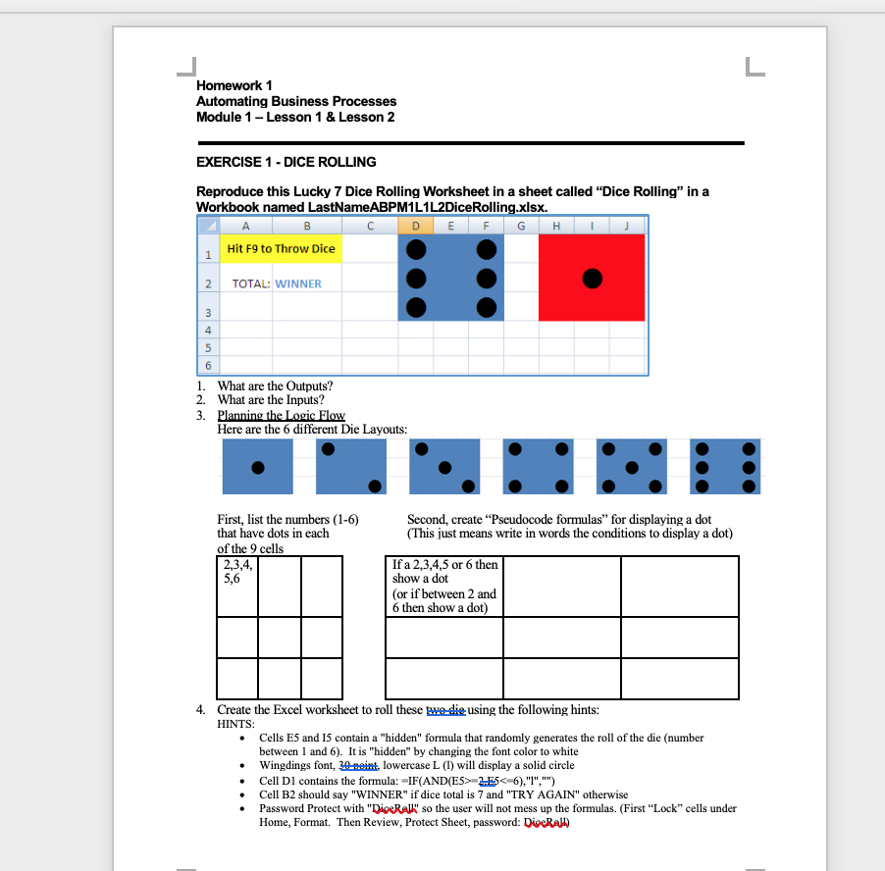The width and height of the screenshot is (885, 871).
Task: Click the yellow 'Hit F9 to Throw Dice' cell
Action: pyautogui.click(x=281, y=249)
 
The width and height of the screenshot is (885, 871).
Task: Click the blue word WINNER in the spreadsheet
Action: pyautogui.click(x=298, y=284)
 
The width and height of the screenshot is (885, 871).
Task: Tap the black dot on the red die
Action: pyautogui.click(x=592, y=279)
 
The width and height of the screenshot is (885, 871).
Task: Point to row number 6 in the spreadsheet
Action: pyautogui.click(x=208, y=365)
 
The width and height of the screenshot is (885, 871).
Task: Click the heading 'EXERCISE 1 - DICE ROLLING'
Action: pyautogui.click(x=286, y=162)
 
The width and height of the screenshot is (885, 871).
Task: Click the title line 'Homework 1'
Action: pyautogui.click(x=234, y=86)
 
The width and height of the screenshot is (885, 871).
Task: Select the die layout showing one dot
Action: pyautogui.click(x=257, y=467)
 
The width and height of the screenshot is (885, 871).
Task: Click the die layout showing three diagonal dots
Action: pyautogui.click(x=444, y=467)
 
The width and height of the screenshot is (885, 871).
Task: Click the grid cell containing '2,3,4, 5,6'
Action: pyautogui.click(x=236, y=572)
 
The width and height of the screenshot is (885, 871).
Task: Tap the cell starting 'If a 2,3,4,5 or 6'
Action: pyautogui.click(x=444, y=587)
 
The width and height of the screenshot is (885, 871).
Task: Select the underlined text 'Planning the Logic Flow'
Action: pyautogui.click(x=281, y=416)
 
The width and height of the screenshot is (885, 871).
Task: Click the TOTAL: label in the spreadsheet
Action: pyautogui.click(x=250, y=284)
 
